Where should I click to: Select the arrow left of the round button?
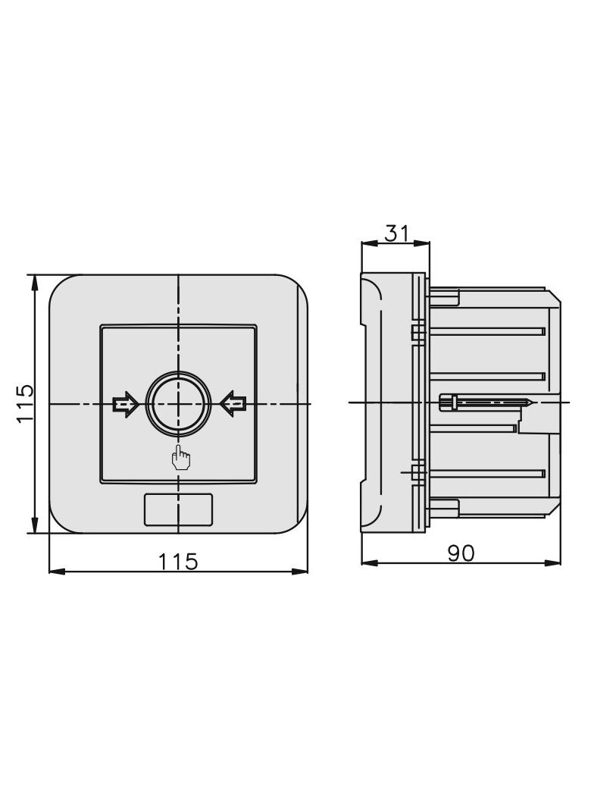click(x=125, y=404)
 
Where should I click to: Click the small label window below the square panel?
click(x=178, y=509)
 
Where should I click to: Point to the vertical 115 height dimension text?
click(x=26, y=403)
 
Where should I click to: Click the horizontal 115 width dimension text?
click(x=178, y=561)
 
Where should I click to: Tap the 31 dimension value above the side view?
click(x=397, y=233)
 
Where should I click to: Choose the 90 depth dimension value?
click(x=461, y=553)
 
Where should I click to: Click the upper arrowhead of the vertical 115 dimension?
click(x=35, y=283)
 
